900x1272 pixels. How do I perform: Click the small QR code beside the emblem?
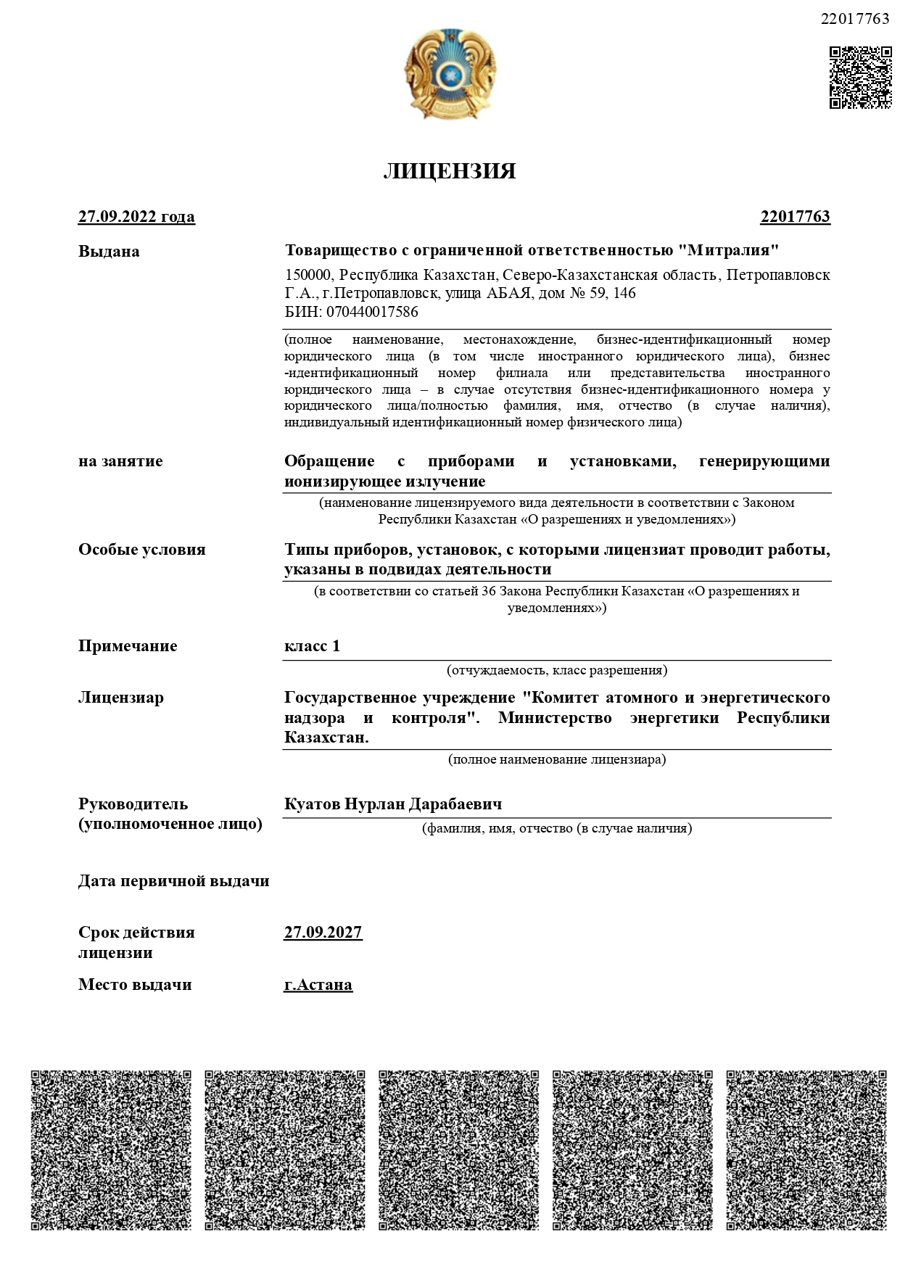click(x=860, y=78)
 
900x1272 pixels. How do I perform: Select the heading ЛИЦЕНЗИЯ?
click(x=450, y=171)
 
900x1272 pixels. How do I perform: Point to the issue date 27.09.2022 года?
click(x=136, y=217)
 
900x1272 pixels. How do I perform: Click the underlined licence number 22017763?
click(x=795, y=217)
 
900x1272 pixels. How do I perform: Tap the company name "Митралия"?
click(x=728, y=251)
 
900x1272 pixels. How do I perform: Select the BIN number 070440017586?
click(x=372, y=313)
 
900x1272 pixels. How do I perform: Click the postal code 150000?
click(x=308, y=276)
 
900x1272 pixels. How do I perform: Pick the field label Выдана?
click(x=109, y=252)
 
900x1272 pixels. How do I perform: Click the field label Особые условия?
click(x=142, y=550)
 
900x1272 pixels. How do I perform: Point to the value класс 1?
click(x=312, y=646)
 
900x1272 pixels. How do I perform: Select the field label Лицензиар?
click(x=121, y=698)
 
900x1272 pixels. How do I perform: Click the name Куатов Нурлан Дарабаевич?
click(x=393, y=804)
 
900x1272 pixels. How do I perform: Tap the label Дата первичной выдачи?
click(x=174, y=881)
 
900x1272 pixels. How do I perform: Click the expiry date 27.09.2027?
click(x=323, y=933)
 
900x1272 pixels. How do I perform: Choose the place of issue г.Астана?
click(x=318, y=985)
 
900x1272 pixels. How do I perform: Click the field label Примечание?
click(x=128, y=646)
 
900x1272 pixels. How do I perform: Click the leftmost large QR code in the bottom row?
click(x=111, y=1150)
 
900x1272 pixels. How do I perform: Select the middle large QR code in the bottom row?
click(x=458, y=1150)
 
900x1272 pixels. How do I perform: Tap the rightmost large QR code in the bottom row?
click(x=806, y=1150)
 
